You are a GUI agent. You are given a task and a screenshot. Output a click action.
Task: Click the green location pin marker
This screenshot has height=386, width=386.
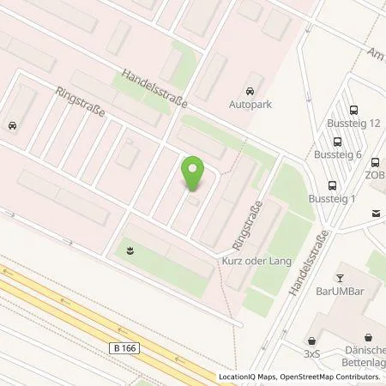(196, 175)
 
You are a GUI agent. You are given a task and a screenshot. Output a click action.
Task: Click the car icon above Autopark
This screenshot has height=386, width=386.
(250, 91)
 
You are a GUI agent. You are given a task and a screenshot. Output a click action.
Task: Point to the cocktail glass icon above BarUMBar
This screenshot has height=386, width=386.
(339, 277)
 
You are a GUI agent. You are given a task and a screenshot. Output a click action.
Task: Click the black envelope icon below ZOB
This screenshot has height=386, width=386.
(376, 214)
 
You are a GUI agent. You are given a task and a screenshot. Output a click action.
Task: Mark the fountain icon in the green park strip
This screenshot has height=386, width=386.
(129, 250)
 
